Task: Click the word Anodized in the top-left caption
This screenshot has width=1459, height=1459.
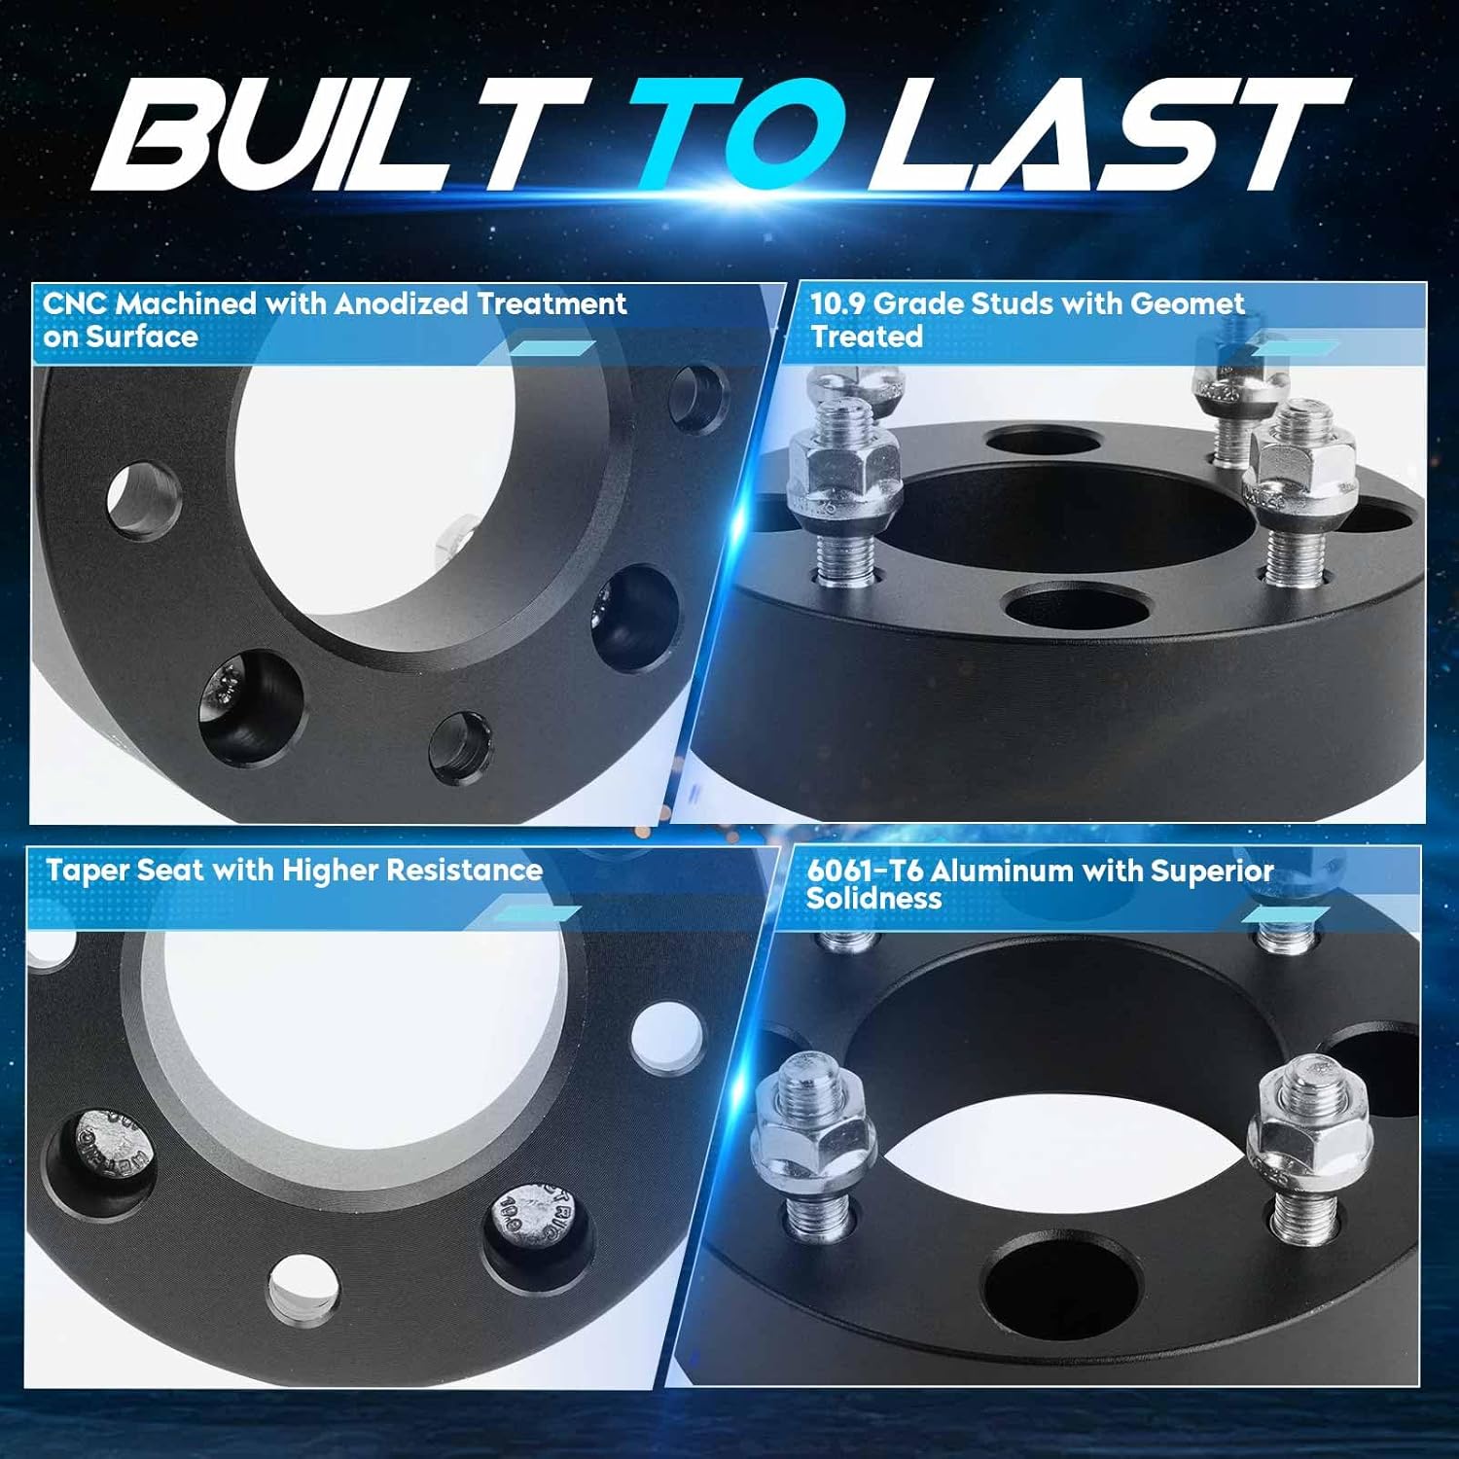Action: coord(400,303)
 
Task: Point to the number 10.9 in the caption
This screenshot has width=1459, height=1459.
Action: coord(837,303)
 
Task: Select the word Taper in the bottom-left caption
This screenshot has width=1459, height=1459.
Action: coord(87,870)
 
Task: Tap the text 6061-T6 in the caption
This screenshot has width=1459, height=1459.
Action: coord(864,871)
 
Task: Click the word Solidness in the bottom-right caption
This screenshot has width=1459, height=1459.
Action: coord(873,898)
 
